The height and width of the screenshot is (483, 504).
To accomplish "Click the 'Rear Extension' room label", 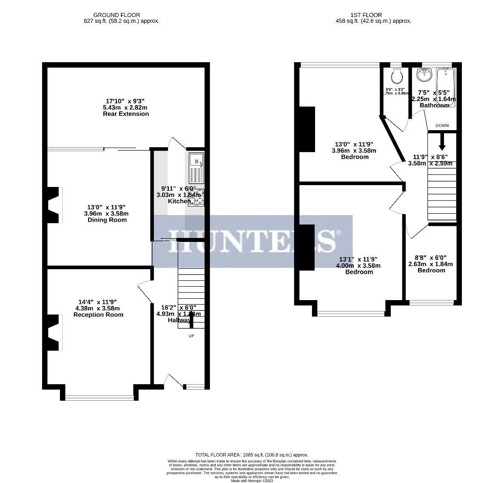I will [x=125, y=114].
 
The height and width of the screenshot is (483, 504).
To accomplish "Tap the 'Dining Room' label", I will [x=107, y=220].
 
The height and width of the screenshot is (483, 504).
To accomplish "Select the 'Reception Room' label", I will [x=98, y=315].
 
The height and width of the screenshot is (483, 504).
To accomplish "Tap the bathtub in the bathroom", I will [x=446, y=87].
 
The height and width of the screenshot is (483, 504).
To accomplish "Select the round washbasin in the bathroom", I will [x=423, y=75].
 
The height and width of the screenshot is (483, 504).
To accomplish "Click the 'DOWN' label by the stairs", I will [x=442, y=126].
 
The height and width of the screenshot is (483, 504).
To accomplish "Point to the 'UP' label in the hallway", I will [x=191, y=335].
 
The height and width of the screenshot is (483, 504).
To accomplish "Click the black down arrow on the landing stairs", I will [x=442, y=142].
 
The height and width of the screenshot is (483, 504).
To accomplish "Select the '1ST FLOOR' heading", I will [x=373, y=15].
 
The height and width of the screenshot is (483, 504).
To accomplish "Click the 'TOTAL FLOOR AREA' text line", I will [x=252, y=455].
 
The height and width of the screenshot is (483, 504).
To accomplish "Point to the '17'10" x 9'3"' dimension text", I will [x=126, y=102].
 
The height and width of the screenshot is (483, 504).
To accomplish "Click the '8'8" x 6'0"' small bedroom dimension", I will [x=431, y=258].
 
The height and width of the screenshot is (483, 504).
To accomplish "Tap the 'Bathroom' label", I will [x=434, y=106].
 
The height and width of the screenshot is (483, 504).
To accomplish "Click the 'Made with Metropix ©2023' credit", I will [x=252, y=481].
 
